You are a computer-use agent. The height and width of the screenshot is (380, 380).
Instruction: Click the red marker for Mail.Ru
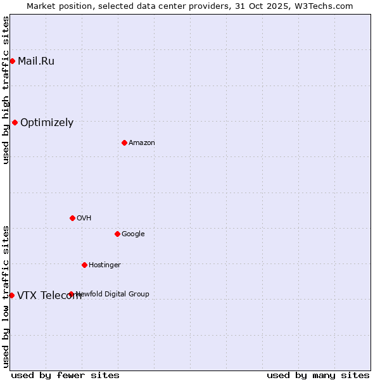tap(12, 61)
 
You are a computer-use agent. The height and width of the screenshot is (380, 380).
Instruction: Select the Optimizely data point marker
tap(15, 122)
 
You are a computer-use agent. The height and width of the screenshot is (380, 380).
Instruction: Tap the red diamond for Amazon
tap(124, 142)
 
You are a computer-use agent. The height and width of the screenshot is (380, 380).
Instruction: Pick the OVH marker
tap(72, 218)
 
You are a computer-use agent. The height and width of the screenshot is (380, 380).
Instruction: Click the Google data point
tap(117, 234)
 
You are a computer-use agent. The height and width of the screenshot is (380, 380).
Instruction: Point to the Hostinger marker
tap(84, 265)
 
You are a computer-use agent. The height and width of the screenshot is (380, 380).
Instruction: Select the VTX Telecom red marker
tap(11, 295)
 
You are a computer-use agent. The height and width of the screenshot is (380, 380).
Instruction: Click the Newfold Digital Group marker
tap(71, 294)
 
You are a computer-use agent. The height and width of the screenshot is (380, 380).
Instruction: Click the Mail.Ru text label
tap(36, 61)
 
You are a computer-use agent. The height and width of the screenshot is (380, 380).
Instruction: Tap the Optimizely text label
tap(47, 123)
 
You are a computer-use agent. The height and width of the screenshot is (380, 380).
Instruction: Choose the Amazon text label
tap(142, 143)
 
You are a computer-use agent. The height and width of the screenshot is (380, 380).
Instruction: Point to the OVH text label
tap(84, 218)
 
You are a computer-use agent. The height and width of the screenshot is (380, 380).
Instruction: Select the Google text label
tap(133, 234)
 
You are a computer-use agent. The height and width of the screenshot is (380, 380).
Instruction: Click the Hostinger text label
tap(104, 265)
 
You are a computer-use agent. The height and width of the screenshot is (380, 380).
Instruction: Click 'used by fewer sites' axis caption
tap(65, 375)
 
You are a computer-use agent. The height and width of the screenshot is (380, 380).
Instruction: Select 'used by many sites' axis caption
tap(318, 375)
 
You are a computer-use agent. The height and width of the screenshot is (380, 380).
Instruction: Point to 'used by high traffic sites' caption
tap(6, 90)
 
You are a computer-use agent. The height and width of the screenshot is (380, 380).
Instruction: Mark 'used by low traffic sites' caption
tap(6, 296)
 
